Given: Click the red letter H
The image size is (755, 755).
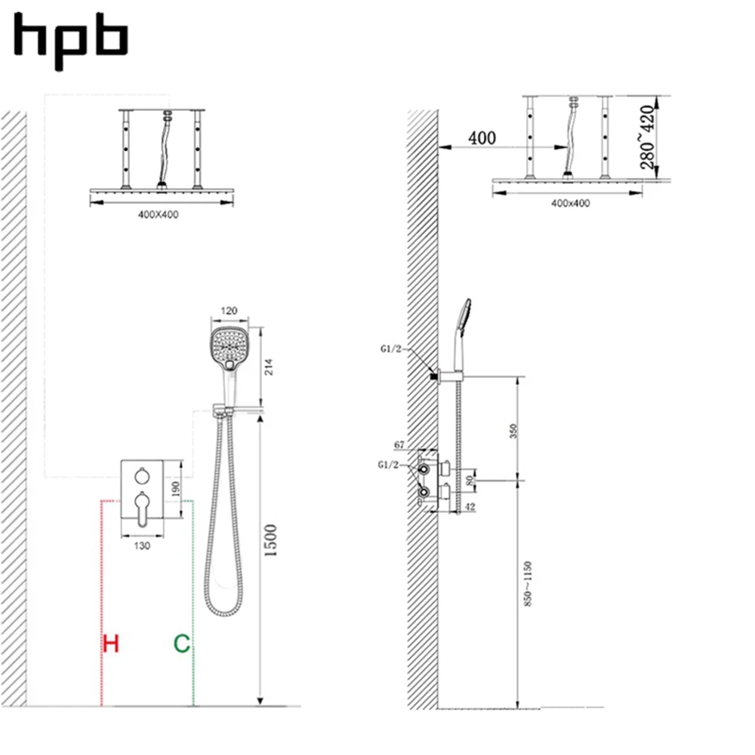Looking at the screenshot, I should click(111, 644).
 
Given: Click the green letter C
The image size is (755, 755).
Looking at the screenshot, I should click(182, 644).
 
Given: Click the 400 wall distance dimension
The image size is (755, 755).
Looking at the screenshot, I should click(482, 138).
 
